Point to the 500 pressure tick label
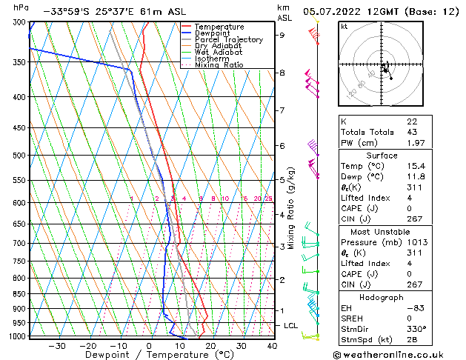[19, 156]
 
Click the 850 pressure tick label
[19, 294]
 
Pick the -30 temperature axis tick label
[56, 346]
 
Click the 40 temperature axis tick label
[272, 346]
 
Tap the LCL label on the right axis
[291, 325]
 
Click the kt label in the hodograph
[344, 26]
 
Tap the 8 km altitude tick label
[282, 73]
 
